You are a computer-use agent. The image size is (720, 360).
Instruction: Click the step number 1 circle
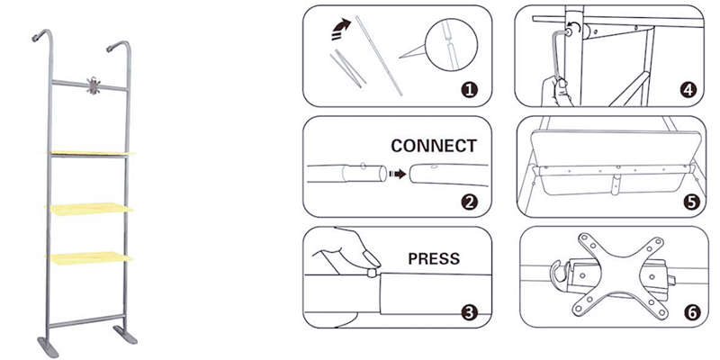469,89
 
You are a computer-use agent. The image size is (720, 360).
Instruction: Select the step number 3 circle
469,312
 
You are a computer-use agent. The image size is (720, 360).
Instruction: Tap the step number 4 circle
688,89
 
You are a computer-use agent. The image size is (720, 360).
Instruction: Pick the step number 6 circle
688,312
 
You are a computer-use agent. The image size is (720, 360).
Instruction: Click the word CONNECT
434,146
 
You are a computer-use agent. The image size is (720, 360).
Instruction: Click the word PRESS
434,258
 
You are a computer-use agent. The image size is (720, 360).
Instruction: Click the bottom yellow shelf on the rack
90,257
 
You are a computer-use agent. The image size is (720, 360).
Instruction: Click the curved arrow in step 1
340,30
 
